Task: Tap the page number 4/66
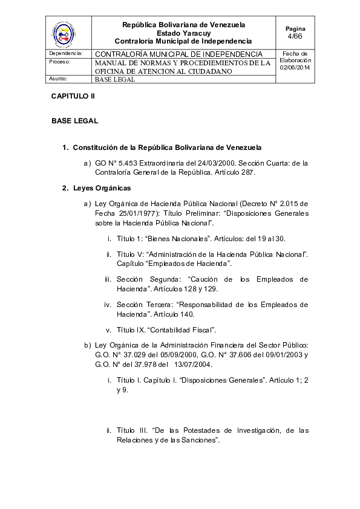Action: [295, 36]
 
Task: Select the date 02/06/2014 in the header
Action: [295, 68]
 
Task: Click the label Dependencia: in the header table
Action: [65, 54]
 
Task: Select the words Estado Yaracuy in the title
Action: [183, 33]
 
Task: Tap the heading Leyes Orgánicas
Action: [102, 188]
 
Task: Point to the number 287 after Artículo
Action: [248, 172]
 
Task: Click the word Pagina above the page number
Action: [295, 28]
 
